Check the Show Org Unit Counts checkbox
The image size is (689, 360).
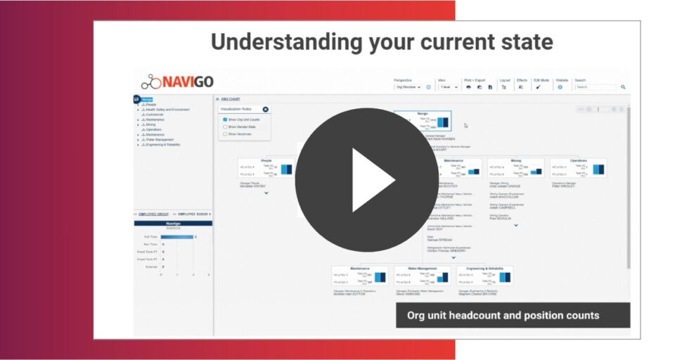tap(225, 120)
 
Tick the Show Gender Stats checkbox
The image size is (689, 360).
tap(225, 127)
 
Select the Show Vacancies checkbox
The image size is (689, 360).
tap(225, 134)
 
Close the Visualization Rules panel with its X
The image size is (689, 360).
tap(265, 109)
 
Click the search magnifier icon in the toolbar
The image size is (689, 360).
tap(623, 87)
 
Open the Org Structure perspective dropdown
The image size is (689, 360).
tap(407, 87)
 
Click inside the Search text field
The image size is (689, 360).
tap(595, 87)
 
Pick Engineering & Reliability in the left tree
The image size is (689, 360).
tap(165, 144)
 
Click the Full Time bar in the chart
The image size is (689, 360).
tap(176, 237)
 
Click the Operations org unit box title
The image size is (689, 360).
tap(578, 160)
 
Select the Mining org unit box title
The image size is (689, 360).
tap(516, 160)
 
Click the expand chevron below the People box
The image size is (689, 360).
tap(266, 193)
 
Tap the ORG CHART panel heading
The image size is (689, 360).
tap(230, 100)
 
